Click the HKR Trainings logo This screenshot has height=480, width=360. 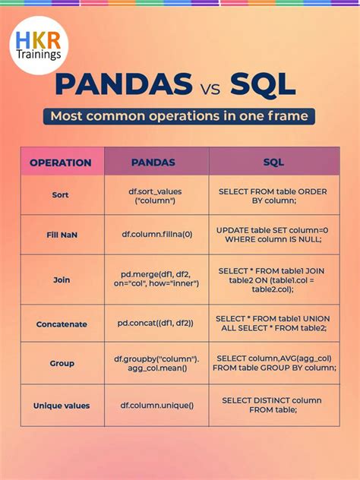pos(39,45)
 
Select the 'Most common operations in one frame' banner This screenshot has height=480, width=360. pos(179,117)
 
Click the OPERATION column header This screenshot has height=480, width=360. pos(61,162)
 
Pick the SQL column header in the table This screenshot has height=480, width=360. pos(273,162)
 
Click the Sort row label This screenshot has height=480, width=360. pos(61,195)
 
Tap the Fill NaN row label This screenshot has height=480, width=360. pos(62,235)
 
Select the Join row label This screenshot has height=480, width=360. pos(62,279)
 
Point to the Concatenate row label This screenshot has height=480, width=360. pos(62,324)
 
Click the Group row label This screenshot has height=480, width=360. pos(62,363)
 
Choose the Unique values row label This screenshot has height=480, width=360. pos(62,406)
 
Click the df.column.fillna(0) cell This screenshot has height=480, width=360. pos(156,235)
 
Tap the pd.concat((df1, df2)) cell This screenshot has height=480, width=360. pos(156,324)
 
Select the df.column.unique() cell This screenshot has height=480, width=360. pos(156,406)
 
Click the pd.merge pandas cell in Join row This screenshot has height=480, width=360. pos(156,279)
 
